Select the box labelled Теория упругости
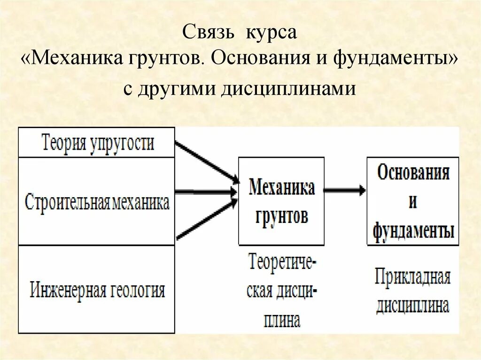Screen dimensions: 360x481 pyautogui.click(x=97, y=142)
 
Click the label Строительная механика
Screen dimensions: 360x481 pyautogui.click(x=97, y=202)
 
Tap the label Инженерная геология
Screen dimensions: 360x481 pyautogui.click(x=97, y=290)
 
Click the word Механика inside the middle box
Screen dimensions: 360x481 pyautogui.click(x=281, y=188)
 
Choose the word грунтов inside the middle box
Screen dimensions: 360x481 pyautogui.click(x=281, y=216)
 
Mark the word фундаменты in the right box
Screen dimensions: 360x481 pyautogui.click(x=413, y=231)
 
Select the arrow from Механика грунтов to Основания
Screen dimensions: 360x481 pyautogui.click(x=345, y=190)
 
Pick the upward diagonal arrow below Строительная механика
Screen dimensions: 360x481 pyautogui.click(x=207, y=219)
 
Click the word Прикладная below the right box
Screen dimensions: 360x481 pyautogui.click(x=412, y=278)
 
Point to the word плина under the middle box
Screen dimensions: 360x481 pyautogui.click(x=281, y=322)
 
